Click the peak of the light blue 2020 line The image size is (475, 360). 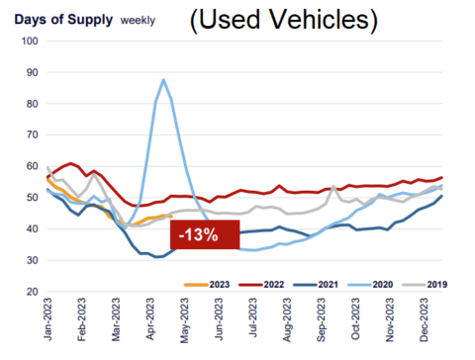point(163,79)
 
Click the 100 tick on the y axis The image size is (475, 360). point(30,42)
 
